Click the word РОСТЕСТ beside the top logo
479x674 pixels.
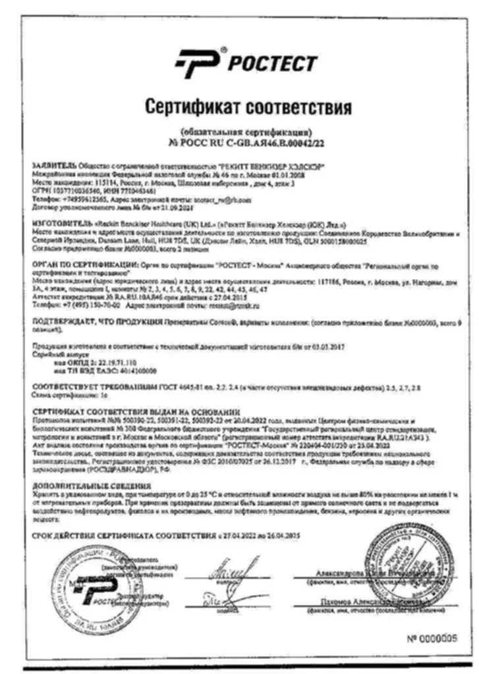271,64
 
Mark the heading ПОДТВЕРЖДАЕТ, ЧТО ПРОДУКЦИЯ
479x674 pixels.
96,324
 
